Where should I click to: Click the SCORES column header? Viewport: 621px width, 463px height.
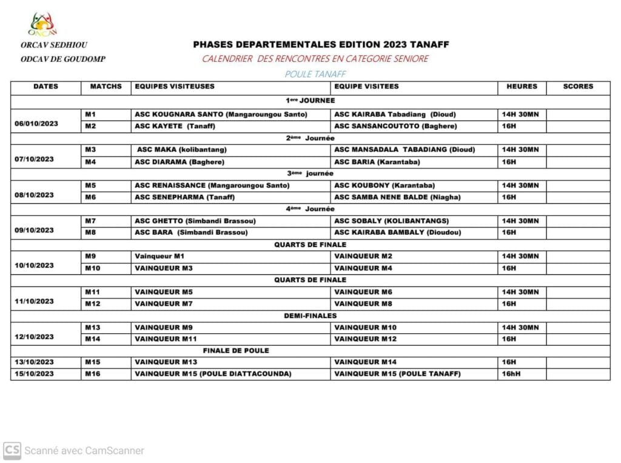578,87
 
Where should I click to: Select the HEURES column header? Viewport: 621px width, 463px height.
522,87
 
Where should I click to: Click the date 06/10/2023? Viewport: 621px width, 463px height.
36,123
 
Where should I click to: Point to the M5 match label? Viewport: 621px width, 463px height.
90,185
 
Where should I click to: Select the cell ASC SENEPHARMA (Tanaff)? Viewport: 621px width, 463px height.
184,197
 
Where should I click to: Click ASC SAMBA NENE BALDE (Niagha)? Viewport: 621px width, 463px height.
397,197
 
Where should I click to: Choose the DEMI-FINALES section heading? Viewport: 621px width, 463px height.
310,316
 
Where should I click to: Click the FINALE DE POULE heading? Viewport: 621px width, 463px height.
236,351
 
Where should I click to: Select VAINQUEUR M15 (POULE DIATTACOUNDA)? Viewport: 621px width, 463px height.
213,374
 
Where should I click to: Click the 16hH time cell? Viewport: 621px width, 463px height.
511,374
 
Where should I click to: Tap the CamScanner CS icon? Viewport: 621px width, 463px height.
12,450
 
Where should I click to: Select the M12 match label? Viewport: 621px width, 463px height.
92,303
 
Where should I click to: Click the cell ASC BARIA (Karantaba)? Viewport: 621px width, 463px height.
377,162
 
